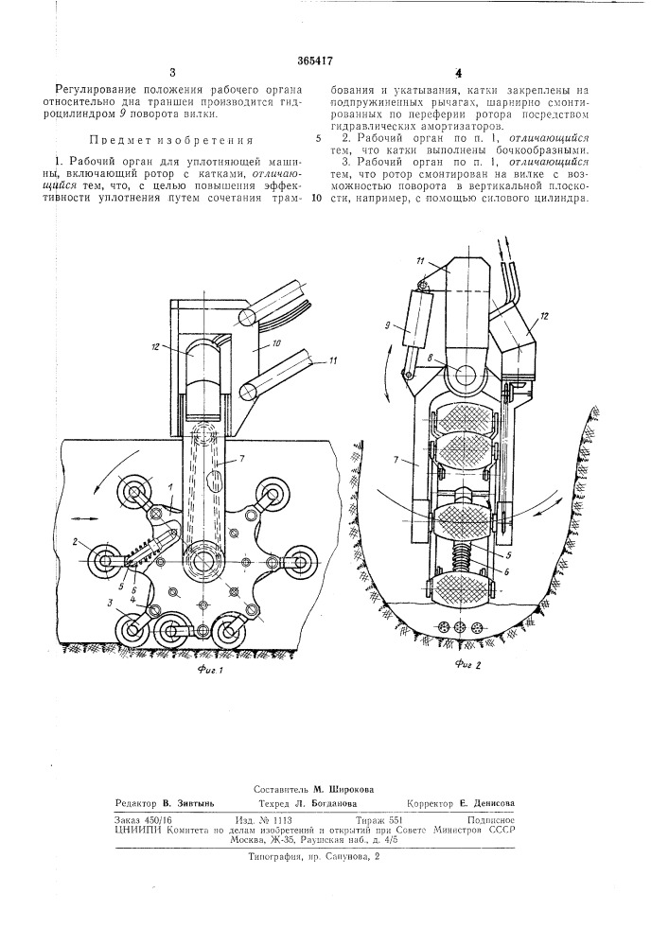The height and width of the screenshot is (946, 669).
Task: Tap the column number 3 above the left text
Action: (173, 72)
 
